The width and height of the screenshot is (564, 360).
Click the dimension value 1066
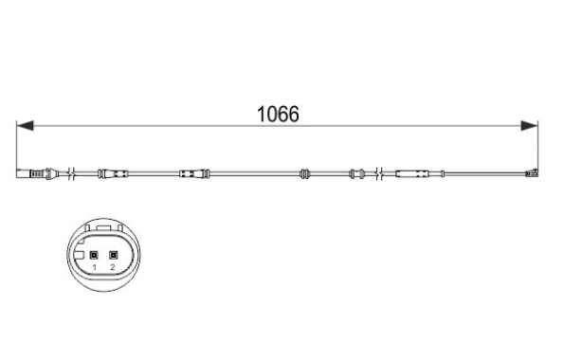[278, 114]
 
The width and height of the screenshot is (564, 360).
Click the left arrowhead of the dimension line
[26, 126]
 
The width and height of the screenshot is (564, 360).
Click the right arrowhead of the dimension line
[530, 126]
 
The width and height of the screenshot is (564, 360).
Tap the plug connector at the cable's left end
[37, 174]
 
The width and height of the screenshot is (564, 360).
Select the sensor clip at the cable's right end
[532, 173]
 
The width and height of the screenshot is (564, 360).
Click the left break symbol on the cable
[72, 174]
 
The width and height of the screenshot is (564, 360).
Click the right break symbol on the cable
[379, 174]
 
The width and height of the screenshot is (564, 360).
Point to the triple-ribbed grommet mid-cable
[304, 174]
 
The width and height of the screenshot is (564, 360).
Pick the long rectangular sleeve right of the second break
[412, 174]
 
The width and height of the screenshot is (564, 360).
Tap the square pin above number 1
[94, 256]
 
